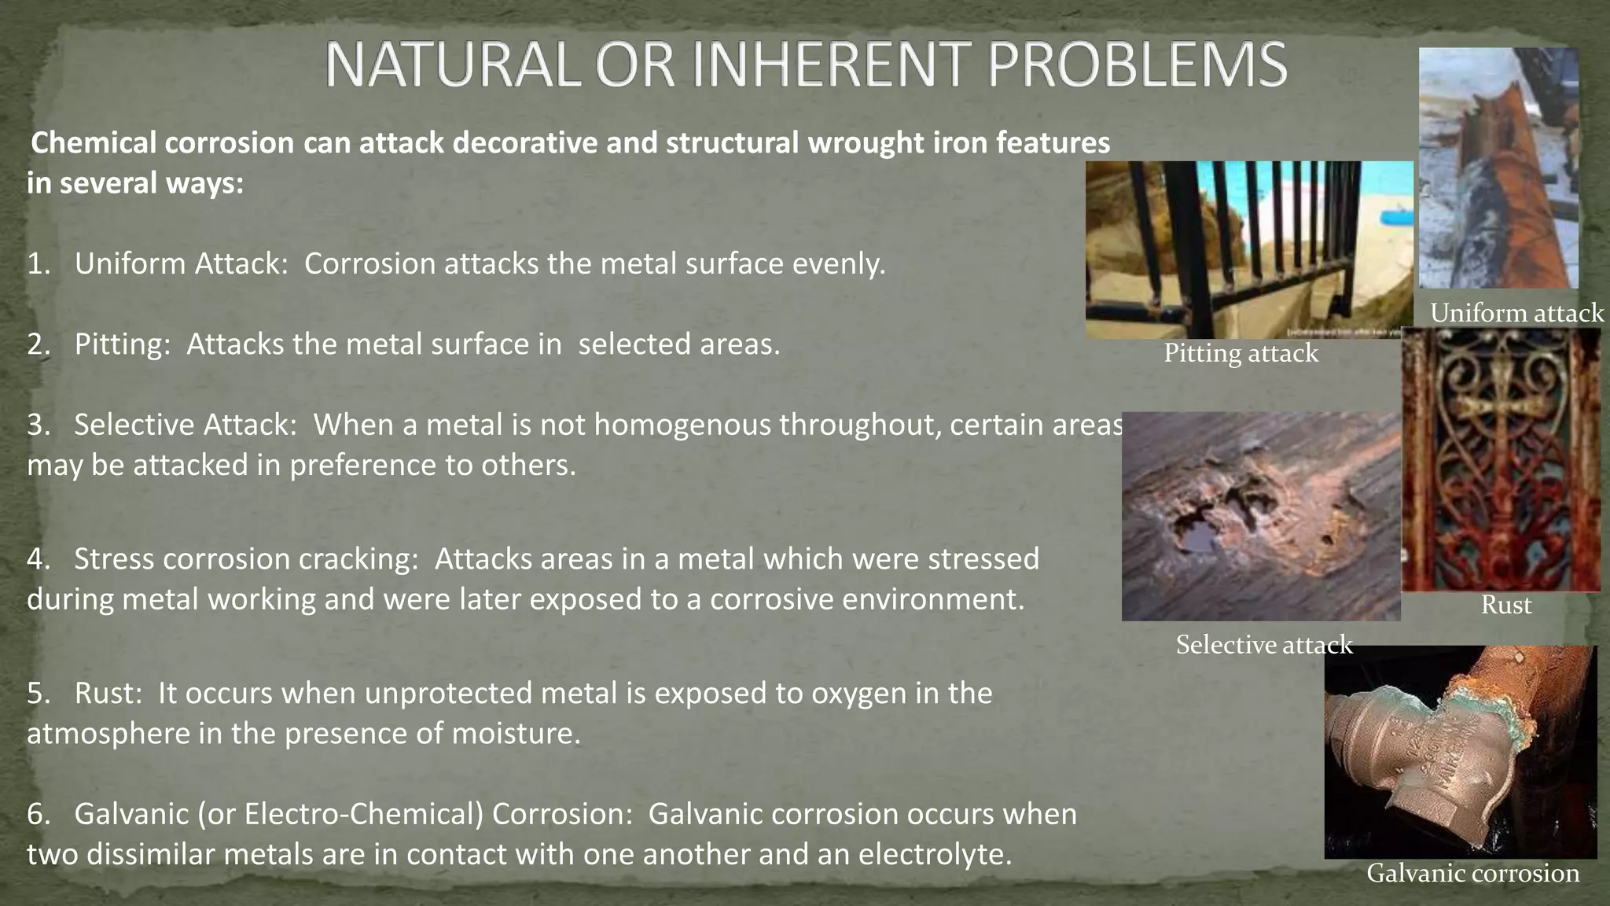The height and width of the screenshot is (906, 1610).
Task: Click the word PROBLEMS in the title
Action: pyautogui.click(x=1137, y=64)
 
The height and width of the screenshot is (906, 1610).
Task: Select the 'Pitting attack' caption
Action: pyautogui.click(x=1241, y=353)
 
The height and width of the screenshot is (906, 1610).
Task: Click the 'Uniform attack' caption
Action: pyautogui.click(x=1516, y=313)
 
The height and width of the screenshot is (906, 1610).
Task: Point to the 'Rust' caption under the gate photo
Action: pyautogui.click(x=1505, y=605)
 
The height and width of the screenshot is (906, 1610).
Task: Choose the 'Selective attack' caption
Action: pyautogui.click(x=1263, y=645)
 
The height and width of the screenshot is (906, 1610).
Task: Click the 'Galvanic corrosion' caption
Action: pyautogui.click(x=1472, y=873)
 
